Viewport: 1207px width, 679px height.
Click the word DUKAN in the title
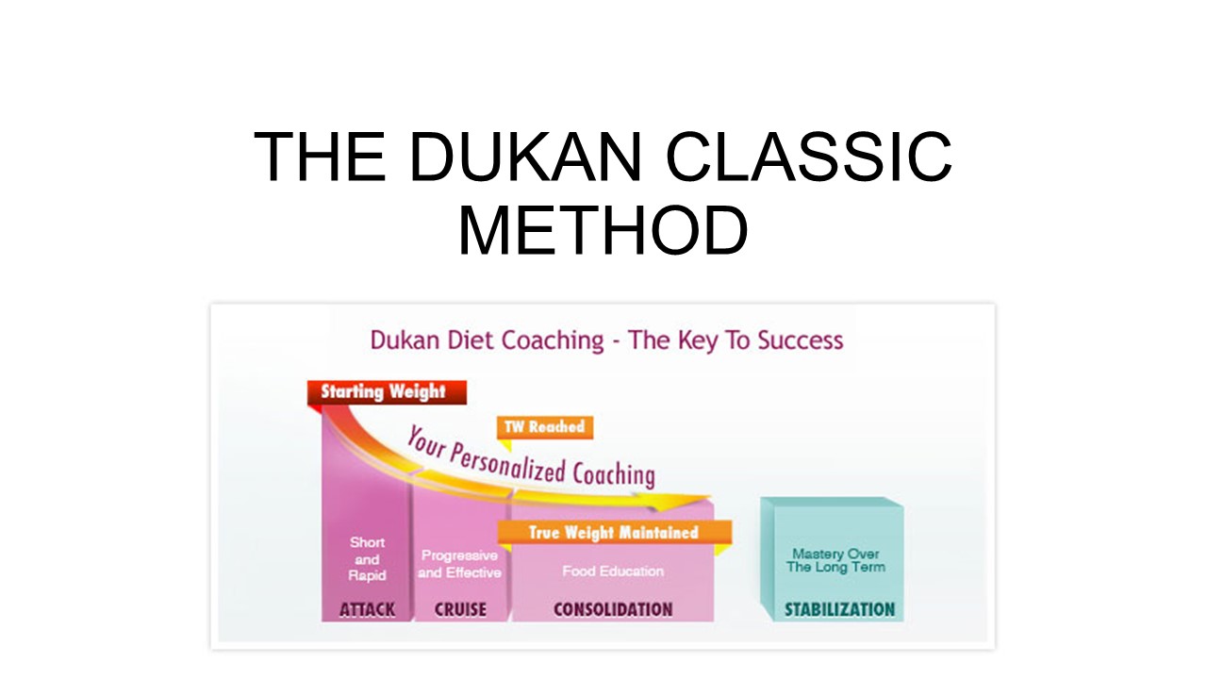525,157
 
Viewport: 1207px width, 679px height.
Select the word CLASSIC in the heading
809,157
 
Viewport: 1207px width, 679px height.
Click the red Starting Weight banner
387,392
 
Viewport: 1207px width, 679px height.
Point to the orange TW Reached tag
545,427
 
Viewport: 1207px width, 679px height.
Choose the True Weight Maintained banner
614,533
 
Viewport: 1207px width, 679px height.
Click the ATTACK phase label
367,609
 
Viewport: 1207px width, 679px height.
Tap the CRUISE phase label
460,609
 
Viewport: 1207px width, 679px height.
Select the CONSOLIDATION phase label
613,609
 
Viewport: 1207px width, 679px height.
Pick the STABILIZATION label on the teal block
839,609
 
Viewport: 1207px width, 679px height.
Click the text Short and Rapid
367,559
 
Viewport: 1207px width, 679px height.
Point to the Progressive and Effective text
459,564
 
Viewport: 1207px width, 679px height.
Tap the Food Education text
613,571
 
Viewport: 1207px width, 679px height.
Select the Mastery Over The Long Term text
835,560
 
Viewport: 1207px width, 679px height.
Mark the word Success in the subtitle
801,340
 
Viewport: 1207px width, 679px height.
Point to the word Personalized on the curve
507,465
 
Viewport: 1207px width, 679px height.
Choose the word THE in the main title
320,157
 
